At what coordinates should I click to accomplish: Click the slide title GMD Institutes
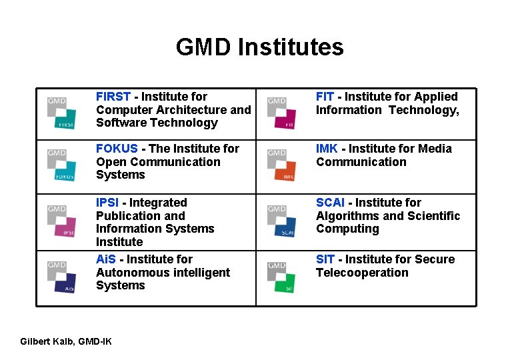[259, 47]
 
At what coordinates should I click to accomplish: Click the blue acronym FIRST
[113, 97]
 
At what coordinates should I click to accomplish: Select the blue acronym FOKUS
[117, 149]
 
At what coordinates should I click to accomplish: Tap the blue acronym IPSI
[108, 203]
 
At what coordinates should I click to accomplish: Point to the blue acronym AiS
[105, 259]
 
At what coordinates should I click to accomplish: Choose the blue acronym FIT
[325, 97]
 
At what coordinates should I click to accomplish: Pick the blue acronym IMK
[327, 149]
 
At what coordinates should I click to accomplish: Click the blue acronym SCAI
[330, 203]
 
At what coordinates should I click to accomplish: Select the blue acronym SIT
[325, 259]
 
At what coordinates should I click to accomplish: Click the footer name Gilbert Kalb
[47, 341]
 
